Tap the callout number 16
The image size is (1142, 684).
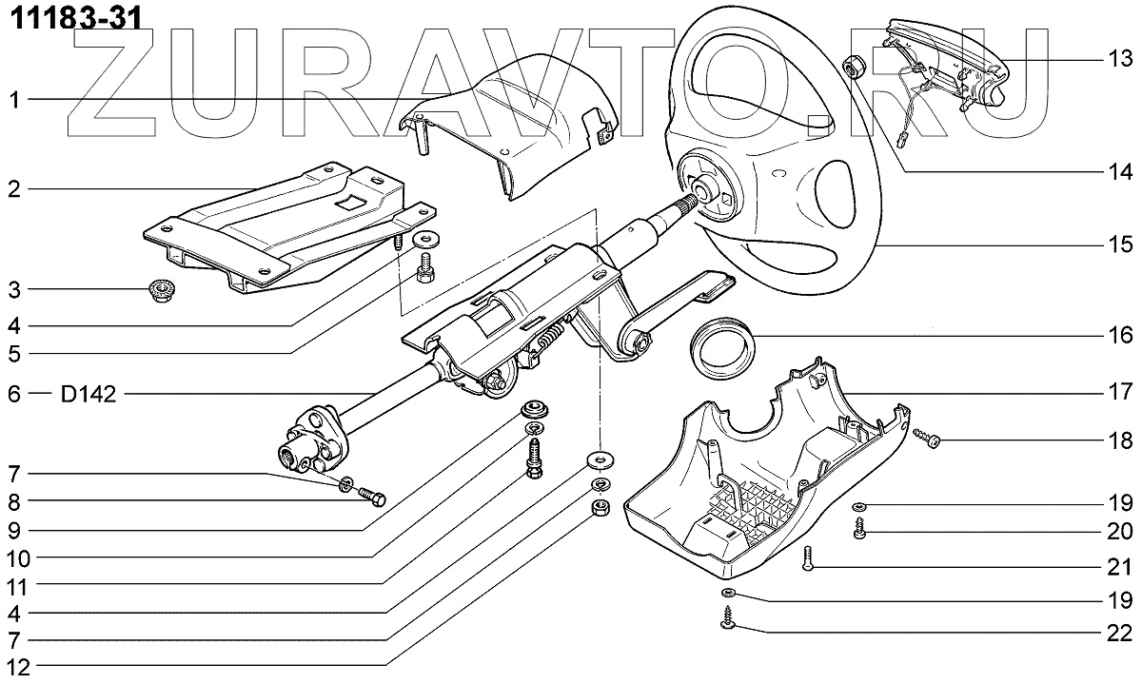[x=1120, y=335]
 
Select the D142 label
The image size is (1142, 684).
[x=89, y=394]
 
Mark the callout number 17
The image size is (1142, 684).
[x=1120, y=391]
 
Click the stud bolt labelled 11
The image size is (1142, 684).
[x=534, y=457]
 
